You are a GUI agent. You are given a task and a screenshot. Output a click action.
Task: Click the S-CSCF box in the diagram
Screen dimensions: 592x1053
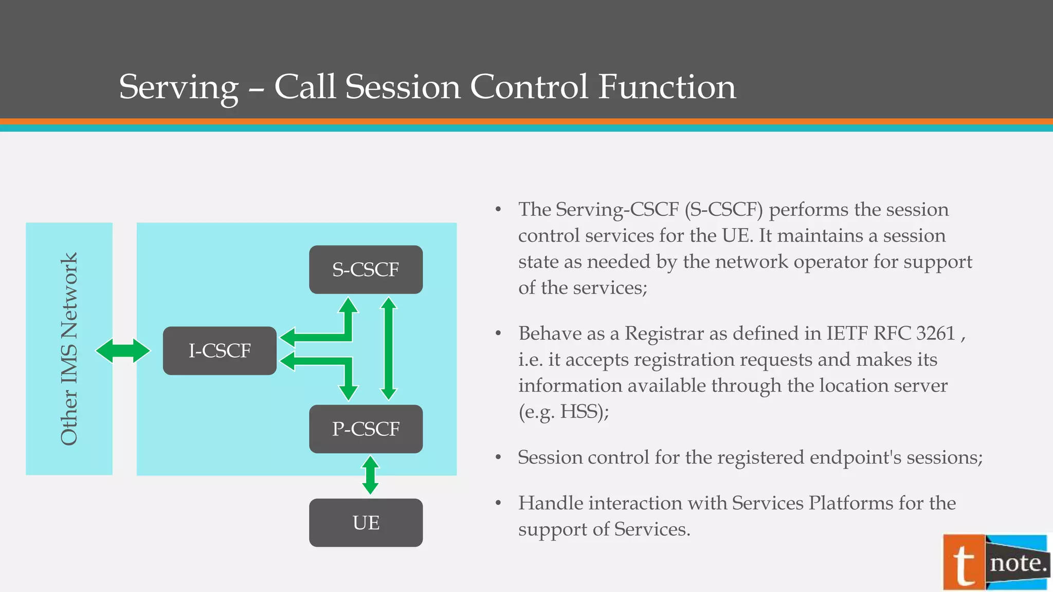(366, 270)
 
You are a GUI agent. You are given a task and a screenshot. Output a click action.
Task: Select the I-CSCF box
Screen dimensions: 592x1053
(220, 350)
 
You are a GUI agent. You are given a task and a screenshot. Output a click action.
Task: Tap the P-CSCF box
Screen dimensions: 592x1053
(366, 429)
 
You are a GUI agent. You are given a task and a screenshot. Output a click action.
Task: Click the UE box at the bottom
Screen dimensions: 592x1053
(366, 523)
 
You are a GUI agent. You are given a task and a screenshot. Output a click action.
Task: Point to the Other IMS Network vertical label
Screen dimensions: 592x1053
(69, 349)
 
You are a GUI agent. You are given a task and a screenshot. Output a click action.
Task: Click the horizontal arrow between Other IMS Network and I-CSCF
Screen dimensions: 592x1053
(123, 351)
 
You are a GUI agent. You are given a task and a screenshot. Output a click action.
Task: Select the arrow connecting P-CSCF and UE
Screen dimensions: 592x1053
(370, 475)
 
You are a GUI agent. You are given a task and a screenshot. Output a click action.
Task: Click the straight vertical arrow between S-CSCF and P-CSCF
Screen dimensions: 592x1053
(389, 349)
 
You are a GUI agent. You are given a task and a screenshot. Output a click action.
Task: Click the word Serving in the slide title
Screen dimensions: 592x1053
(178, 87)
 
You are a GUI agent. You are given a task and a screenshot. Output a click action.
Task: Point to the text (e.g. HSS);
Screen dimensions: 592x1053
(564, 412)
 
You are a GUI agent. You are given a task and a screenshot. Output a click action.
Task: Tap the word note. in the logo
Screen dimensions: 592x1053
(1018, 563)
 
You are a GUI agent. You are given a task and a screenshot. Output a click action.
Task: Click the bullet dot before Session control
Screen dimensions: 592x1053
(498, 457)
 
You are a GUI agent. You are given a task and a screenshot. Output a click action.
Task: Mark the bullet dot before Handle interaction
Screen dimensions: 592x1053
(498, 503)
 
